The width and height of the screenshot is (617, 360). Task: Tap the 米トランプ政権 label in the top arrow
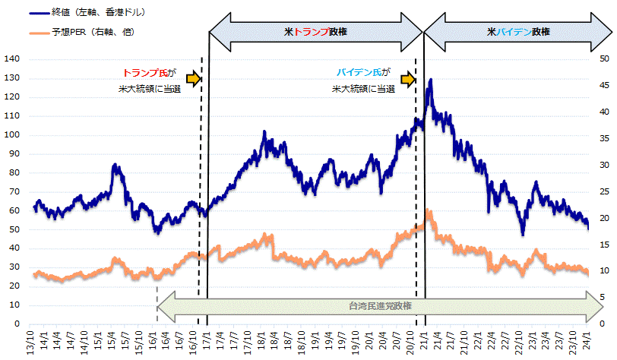tap(315, 33)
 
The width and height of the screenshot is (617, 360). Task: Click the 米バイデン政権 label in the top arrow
tap(519, 33)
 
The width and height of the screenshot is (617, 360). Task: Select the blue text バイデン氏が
tap(362, 74)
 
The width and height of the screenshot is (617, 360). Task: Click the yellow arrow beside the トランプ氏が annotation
tap(192, 78)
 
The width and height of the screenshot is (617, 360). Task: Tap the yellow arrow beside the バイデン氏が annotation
tap(408, 78)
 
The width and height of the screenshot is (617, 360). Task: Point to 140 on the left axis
tap(12, 59)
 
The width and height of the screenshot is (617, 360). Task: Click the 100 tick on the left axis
tap(12, 135)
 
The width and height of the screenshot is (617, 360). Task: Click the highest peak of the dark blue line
tap(431, 79)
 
